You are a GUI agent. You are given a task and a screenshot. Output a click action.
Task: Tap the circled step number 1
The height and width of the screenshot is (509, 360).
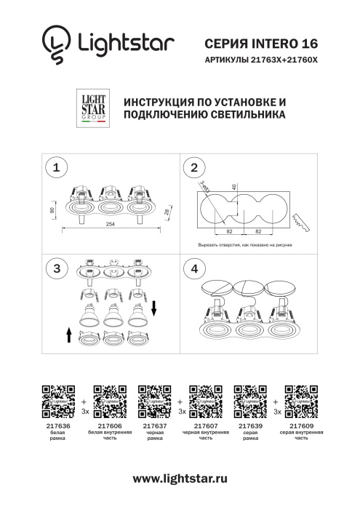coord(53,168)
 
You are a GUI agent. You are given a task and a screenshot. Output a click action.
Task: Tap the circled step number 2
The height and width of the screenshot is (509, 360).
coord(193,168)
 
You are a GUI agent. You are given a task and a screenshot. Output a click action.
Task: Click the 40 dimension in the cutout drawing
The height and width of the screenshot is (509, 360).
coord(234,187)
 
